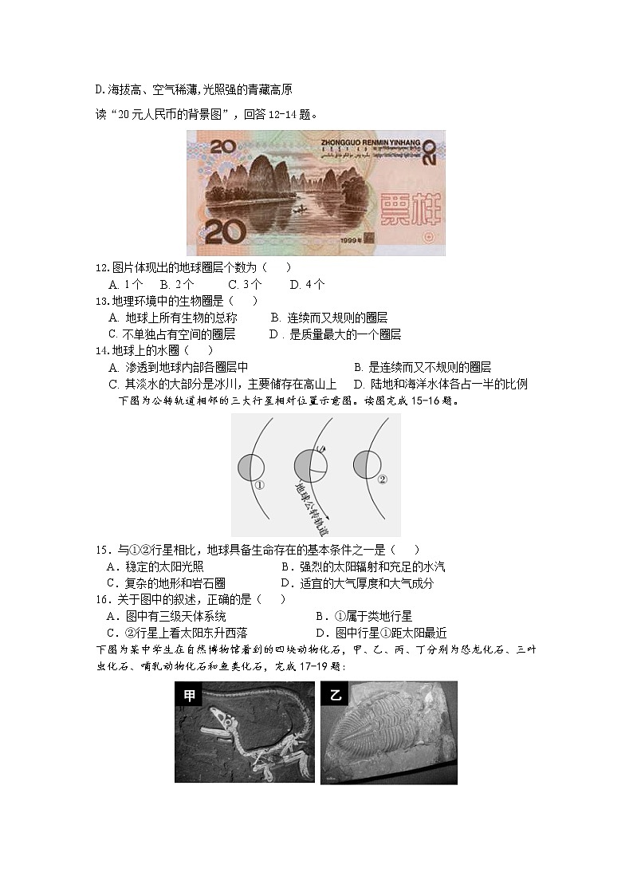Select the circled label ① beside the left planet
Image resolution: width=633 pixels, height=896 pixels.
tap(259, 484)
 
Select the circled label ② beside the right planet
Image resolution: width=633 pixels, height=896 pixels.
tap(382, 480)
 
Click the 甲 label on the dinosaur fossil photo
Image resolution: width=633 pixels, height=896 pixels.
tap(189, 695)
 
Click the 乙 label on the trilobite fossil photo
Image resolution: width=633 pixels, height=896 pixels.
tap(335, 695)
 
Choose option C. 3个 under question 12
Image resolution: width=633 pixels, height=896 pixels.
tap(245, 284)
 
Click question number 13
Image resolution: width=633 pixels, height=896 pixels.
tap(101, 301)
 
